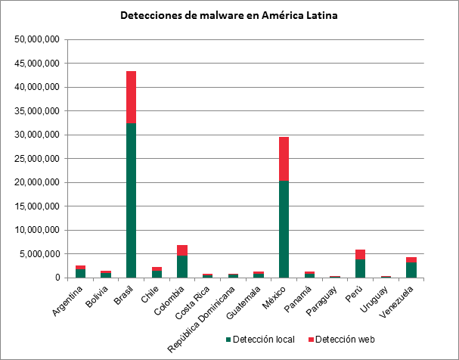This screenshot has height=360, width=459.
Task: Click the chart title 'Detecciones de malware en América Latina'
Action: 229,15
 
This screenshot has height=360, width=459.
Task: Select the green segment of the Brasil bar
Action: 131,200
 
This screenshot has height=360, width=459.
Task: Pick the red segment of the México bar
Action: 284,159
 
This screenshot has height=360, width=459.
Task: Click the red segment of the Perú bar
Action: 361,255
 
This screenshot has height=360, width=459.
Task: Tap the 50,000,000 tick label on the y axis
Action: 36,39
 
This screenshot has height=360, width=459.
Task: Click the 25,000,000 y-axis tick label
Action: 36,159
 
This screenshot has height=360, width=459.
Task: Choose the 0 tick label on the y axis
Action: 56,278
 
